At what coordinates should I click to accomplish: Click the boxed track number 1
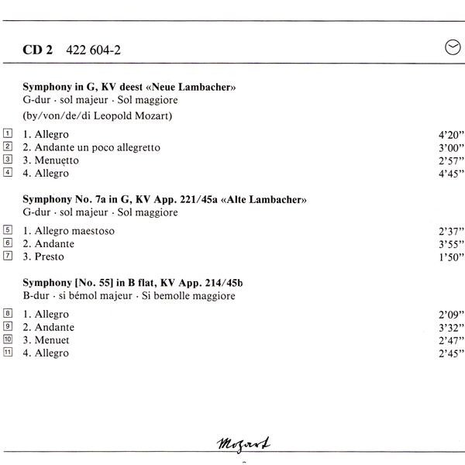[x=8, y=133]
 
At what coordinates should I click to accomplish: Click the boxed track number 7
[x=8, y=256]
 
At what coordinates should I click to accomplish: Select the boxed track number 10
[x=8, y=339]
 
